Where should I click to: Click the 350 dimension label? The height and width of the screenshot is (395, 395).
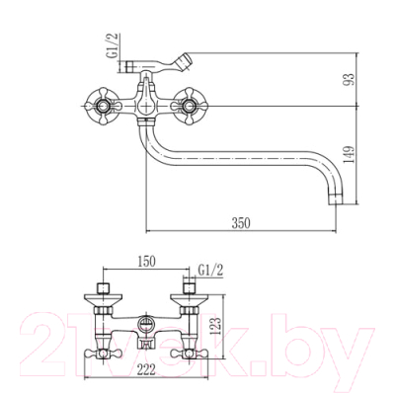241,223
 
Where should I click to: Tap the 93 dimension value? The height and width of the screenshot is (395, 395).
351,79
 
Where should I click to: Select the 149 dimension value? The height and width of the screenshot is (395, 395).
351,155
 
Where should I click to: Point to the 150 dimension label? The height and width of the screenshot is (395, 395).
146,262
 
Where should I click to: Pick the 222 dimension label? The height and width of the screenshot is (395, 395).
146,370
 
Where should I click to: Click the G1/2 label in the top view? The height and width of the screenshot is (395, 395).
114,46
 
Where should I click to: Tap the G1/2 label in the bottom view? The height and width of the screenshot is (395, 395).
210,271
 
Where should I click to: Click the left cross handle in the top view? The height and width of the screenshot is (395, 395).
104,107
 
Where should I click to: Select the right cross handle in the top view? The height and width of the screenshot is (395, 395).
189,107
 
